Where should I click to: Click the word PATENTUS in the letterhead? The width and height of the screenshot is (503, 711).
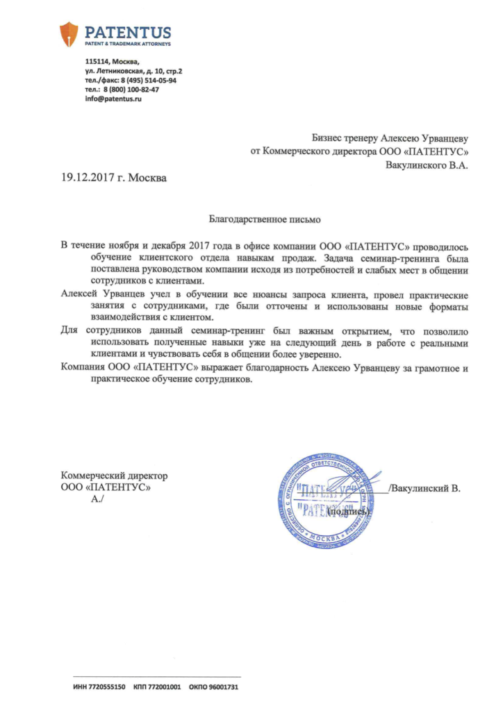point(127,31)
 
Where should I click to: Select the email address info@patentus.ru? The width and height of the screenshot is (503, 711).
point(113,99)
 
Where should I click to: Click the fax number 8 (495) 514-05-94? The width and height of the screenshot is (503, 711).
point(148,81)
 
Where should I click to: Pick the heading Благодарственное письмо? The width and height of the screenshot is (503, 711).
point(265,220)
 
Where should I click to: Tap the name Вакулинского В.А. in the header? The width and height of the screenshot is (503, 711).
point(427,165)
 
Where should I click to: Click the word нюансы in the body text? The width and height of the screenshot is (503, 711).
point(245,294)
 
